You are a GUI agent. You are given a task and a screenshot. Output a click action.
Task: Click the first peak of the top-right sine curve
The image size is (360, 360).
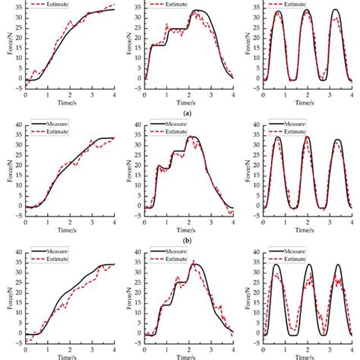pos(277,12)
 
